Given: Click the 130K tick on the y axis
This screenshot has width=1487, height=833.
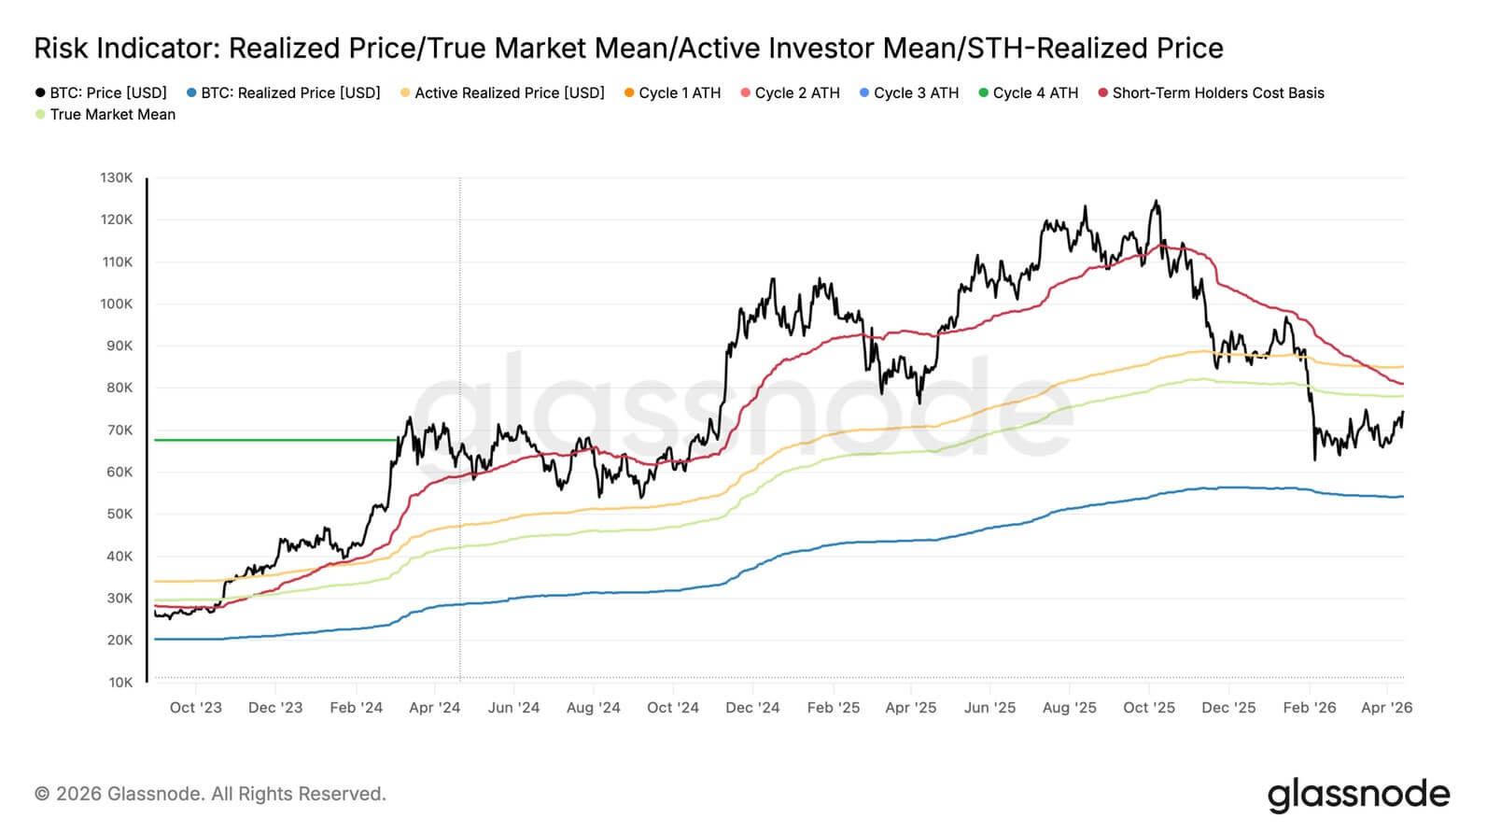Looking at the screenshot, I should [117, 177].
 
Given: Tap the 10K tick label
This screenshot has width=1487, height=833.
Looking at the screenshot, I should [120, 683].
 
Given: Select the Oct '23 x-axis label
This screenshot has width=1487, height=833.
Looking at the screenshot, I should [196, 708].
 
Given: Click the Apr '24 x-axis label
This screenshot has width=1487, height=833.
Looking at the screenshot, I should [435, 708].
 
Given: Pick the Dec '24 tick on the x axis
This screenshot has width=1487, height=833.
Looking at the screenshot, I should [752, 708].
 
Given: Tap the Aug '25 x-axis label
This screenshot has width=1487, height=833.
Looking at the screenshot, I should [1070, 708].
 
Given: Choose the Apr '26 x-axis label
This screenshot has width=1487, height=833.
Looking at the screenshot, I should [1387, 708].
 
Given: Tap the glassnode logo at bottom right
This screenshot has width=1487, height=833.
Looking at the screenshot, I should [1358, 795].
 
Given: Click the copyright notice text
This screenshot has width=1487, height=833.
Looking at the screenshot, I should [210, 794].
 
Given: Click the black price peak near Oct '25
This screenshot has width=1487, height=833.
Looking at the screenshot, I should [1157, 202].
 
